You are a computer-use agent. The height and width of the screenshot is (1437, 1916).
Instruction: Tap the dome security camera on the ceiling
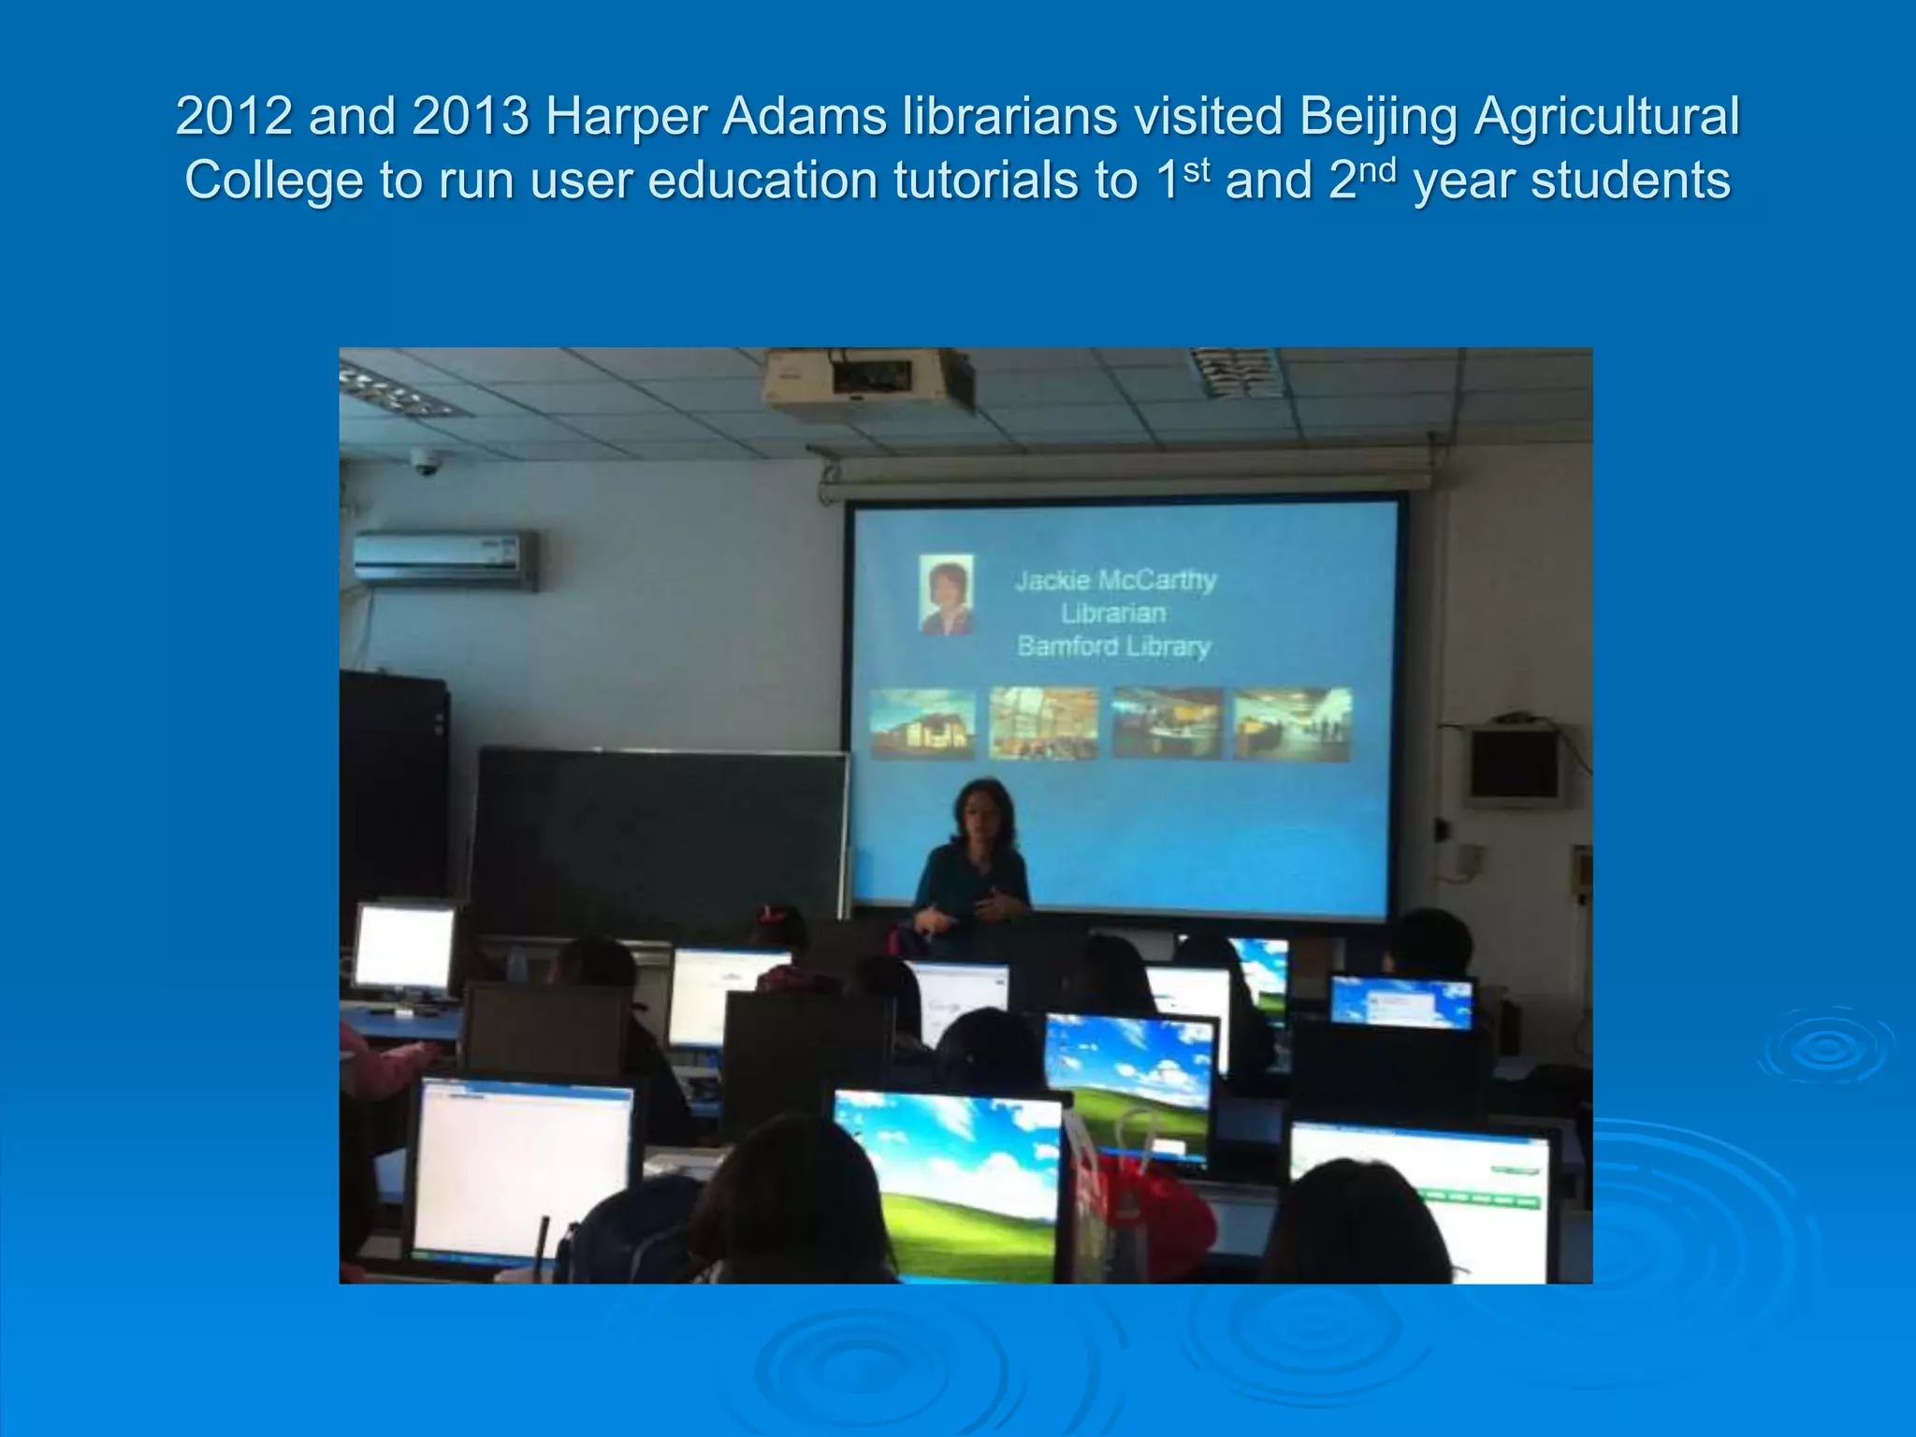tap(426, 461)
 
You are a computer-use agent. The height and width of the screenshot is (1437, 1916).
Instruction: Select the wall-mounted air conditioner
tap(445, 559)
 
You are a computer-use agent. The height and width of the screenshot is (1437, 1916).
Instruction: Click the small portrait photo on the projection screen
tap(947, 594)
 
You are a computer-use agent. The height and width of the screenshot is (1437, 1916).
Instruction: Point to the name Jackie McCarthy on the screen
tap(1115, 581)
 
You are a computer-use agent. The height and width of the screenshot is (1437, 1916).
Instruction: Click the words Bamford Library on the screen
tap(1113, 646)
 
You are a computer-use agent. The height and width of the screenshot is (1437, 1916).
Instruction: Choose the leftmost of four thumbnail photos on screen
tap(922, 723)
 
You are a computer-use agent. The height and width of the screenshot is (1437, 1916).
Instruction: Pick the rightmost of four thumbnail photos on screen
tap(1292, 723)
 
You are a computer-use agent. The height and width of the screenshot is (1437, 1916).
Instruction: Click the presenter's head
tap(982, 810)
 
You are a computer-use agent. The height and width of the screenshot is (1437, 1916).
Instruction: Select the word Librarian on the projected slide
tap(1113, 614)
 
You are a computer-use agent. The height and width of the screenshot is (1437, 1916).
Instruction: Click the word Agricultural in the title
tap(1606, 117)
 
